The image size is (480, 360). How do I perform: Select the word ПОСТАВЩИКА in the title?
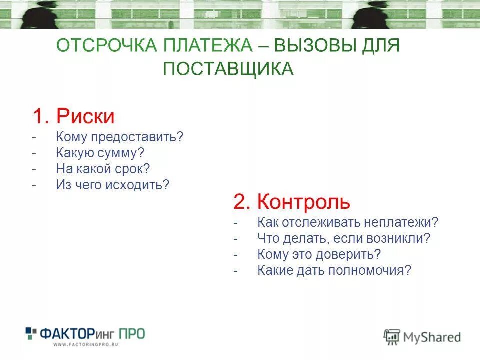pos(228,69)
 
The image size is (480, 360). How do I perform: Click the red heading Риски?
pos(85,117)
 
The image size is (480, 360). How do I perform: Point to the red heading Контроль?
pos(304,202)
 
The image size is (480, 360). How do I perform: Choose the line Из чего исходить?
pos(113,185)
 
